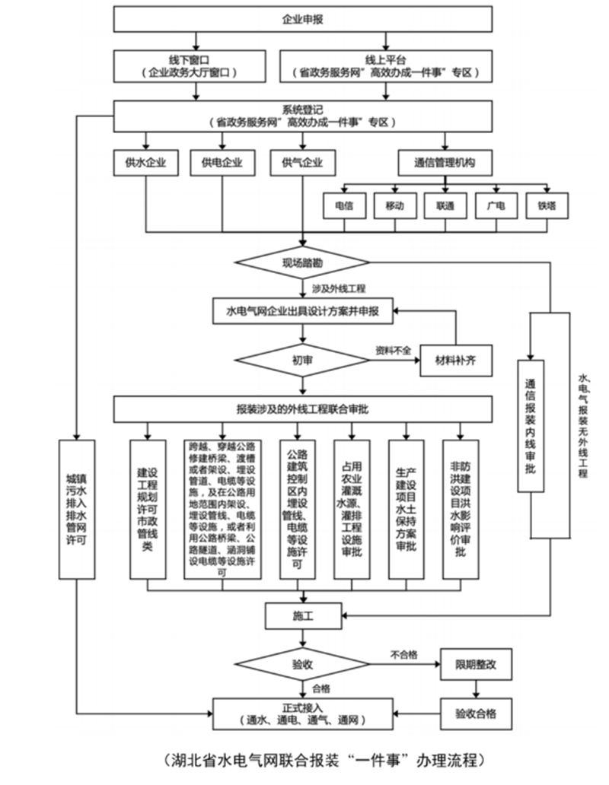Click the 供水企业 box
click(x=145, y=162)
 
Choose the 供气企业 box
click(x=302, y=162)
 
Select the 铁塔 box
click(x=547, y=205)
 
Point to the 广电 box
click(x=496, y=205)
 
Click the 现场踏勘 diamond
click(x=303, y=262)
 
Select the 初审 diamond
click(x=303, y=358)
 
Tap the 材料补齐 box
click(x=457, y=358)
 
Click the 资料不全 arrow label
click(x=393, y=350)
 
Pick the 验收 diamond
click(x=303, y=664)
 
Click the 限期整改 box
click(x=477, y=664)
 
